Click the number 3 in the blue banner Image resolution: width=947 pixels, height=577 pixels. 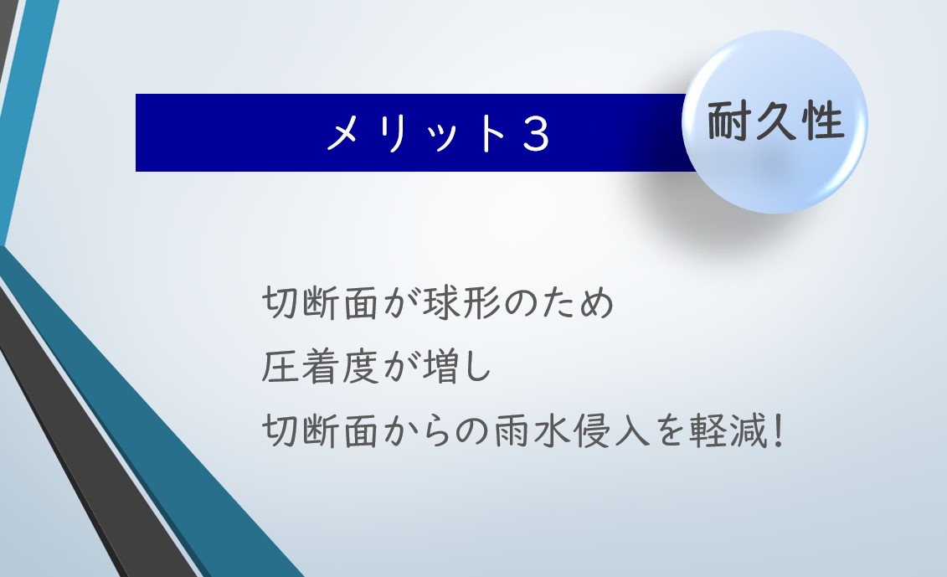point(535,133)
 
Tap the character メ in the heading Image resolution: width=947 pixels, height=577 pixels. point(345,133)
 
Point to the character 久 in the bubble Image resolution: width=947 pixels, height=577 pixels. point(775,121)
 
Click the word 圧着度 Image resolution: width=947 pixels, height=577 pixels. point(320,367)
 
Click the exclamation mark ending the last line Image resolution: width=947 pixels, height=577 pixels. point(779,430)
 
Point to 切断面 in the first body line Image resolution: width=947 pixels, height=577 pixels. point(320,302)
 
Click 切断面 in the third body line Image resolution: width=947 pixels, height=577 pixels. point(320,430)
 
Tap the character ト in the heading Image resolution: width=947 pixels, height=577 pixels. point(491,133)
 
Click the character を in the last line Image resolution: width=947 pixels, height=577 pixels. point(669,430)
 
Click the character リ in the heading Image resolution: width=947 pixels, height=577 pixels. point(393,133)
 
